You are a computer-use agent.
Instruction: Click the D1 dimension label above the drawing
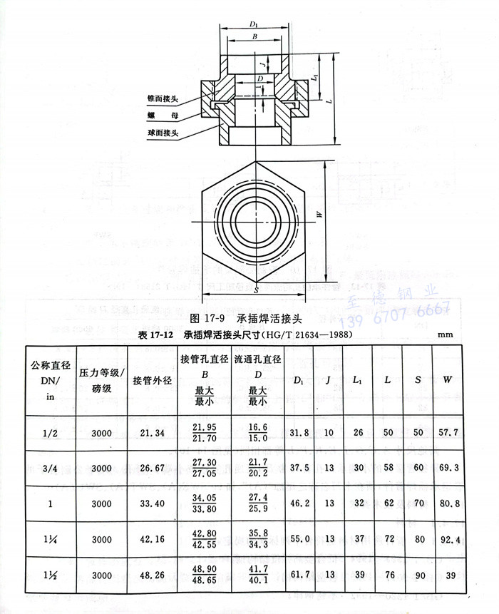[254, 25]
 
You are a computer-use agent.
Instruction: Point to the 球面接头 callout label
[163, 133]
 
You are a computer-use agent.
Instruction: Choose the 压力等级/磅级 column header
[101, 379]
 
